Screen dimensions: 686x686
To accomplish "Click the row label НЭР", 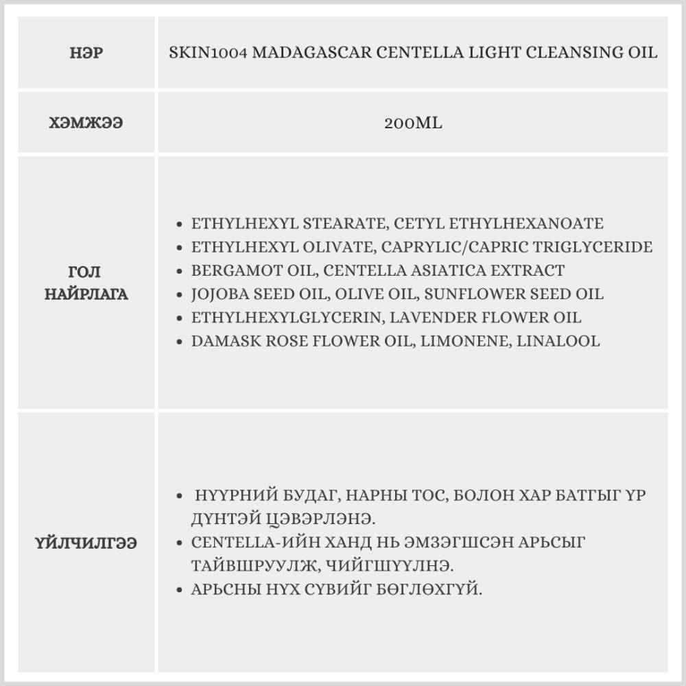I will pyautogui.click(x=86, y=53).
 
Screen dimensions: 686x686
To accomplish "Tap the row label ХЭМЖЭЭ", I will pyautogui.click(x=86, y=123).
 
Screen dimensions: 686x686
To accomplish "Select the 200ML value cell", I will pyautogui.click(x=413, y=123).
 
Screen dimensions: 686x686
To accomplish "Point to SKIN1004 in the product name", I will pyautogui.click(x=208, y=53).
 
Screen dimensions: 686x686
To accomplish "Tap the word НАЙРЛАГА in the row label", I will pyautogui.click(x=86, y=295).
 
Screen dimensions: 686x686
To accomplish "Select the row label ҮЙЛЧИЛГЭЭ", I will pyautogui.click(x=86, y=543).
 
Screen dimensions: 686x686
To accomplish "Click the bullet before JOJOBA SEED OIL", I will pyautogui.click(x=179, y=295).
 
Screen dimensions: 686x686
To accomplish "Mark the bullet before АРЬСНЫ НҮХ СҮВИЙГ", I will pyautogui.click(x=179, y=590).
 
